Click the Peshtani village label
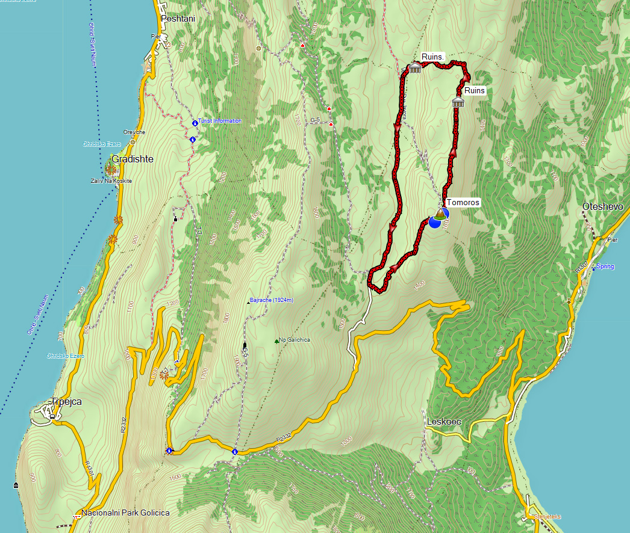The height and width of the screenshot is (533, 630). pyautogui.click(x=178, y=19)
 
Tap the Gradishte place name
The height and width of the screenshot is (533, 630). pyautogui.click(x=133, y=159)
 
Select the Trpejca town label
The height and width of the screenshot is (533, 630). pyautogui.click(x=66, y=401)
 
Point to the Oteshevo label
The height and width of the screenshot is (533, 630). pyautogui.click(x=602, y=207)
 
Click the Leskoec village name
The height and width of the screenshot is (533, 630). pyautogui.click(x=444, y=422)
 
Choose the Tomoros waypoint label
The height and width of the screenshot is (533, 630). pyautogui.click(x=463, y=202)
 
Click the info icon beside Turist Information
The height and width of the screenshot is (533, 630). pyautogui.click(x=195, y=123)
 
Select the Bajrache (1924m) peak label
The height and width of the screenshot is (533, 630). pyautogui.click(x=271, y=300)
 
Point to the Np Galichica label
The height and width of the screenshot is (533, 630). pyautogui.click(x=296, y=340)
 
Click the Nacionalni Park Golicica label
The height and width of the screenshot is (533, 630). pyautogui.click(x=125, y=513)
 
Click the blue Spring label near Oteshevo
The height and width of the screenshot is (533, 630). pyautogui.click(x=605, y=266)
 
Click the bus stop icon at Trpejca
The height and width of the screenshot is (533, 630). pyautogui.click(x=53, y=416)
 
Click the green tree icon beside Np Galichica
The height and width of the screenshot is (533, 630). pyautogui.click(x=277, y=341)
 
